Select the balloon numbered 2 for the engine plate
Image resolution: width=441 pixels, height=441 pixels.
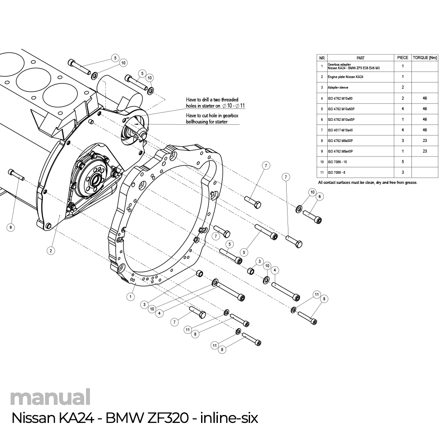tap(51, 250)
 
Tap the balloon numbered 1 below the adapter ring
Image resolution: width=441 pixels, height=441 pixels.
tap(130, 296)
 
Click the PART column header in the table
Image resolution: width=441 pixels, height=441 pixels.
tap(360, 58)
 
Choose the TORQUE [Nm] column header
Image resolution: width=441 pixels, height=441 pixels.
tap(424, 58)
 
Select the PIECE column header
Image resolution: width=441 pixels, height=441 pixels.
tap(403, 58)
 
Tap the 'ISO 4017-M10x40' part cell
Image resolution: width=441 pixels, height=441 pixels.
tap(340, 130)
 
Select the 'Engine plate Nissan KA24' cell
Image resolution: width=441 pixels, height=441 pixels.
tap(345, 77)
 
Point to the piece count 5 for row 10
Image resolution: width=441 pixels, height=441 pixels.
tap(403, 162)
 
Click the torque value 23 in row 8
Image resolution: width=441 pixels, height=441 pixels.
tap(424, 141)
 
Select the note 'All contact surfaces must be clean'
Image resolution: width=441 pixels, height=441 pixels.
tap(367, 183)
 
